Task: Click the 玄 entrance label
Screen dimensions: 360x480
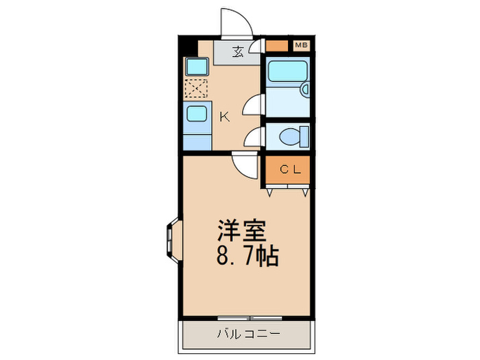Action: point(237,52)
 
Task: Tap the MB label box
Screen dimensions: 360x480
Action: point(300,46)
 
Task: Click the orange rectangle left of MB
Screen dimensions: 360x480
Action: point(277,46)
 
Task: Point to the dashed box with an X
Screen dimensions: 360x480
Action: point(196,88)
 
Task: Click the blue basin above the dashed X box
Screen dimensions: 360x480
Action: point(197,67)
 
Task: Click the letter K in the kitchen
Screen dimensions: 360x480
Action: point(224,117)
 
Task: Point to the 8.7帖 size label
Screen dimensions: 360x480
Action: point(248,257)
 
